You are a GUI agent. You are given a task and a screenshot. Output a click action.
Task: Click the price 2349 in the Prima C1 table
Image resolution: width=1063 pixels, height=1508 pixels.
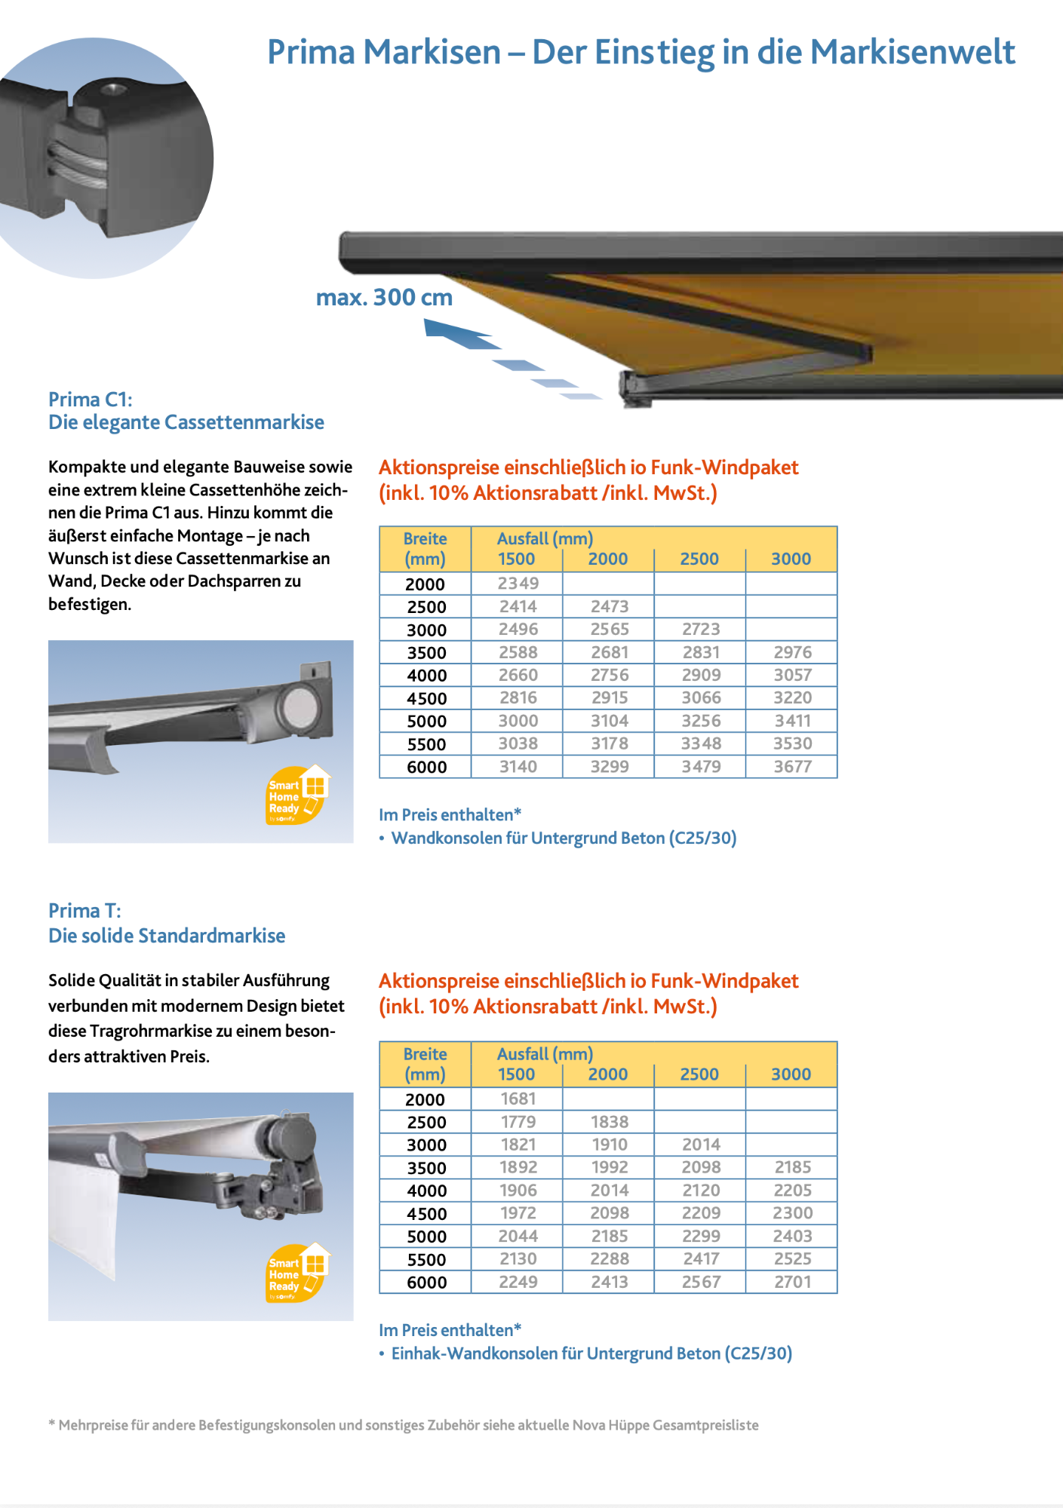tap(518, 584)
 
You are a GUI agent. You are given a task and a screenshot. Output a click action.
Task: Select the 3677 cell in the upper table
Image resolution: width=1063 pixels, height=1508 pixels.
tap(792, 767)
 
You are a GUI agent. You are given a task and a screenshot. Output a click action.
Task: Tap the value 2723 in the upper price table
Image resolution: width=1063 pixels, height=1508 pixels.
tap(701, 630)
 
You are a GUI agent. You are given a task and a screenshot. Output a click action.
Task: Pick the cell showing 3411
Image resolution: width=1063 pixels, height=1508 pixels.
tap(792, 721)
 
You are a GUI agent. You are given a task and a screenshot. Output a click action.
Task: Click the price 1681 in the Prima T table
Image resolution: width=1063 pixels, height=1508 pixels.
tap(518, 1099)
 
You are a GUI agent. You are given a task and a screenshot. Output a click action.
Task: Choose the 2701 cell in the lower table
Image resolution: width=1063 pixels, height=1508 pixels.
tap(792, 1282)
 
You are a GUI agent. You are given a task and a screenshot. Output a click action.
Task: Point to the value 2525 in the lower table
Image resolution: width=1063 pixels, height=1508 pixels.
tap(792, 1259)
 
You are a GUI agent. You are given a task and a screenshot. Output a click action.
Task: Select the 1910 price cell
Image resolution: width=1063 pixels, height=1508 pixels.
tap(610, 1145)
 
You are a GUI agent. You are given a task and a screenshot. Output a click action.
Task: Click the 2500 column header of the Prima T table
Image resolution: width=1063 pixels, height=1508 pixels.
tap(699, 1074)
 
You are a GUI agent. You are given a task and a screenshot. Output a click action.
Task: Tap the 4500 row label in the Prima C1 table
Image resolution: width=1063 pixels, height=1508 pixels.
tap(426, 698)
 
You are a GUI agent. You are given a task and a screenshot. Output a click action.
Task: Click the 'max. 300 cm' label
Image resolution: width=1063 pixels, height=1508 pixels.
tap(384, 298)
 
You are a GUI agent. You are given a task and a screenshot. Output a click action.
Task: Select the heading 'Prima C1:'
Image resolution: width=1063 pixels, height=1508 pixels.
tap(91, 400)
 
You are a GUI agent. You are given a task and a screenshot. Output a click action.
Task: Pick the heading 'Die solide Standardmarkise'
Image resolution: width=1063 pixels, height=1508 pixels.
tap(167, 936)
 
